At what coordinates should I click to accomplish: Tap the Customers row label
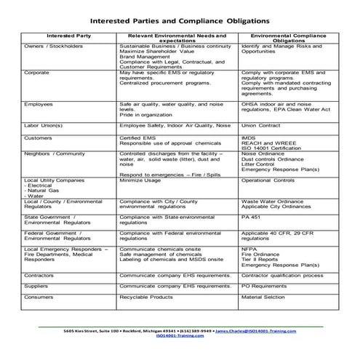point(38,137)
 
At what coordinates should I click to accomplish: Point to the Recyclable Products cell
point(146,297)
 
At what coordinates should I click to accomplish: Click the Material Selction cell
point(266,297)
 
